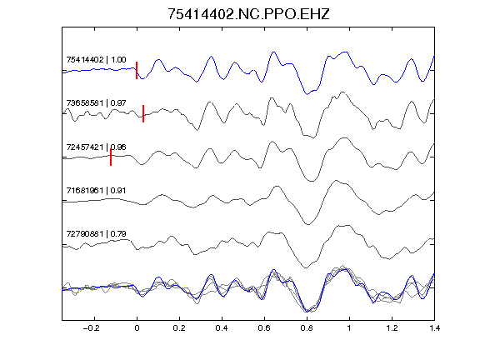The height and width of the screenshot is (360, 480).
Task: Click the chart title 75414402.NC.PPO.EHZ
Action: click(248, 14)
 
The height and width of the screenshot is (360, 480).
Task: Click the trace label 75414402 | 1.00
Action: click(96, 59)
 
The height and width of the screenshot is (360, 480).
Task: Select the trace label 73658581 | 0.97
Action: click(96, 102)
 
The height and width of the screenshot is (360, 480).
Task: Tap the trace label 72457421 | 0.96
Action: click(96, 147)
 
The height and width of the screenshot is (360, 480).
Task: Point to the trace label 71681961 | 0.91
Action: click(96, 191)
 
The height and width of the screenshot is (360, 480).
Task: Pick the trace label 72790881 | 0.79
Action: click(96, 234)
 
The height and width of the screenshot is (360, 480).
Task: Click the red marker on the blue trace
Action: click(137, 70)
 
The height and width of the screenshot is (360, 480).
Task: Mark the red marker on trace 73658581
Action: click(143, 114)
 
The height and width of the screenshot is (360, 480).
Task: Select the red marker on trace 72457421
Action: click(111, 157)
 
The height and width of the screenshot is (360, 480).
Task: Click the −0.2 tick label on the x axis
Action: click(92, 328)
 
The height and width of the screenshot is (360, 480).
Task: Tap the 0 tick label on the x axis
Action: click(137, 328)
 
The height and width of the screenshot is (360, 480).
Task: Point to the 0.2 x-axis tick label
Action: click(179, 328)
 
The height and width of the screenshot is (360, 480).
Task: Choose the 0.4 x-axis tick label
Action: click(222, 328)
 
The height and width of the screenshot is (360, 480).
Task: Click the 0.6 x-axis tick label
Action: click(264, 328)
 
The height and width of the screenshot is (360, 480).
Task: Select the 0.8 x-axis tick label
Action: click(307, 328)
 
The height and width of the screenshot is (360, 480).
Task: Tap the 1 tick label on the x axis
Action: click(349, 328)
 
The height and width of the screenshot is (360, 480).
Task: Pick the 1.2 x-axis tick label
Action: click(392, 328)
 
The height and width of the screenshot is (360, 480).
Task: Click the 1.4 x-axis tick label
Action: click(434, 328)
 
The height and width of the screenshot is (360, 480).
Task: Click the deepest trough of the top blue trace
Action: click(307, 94)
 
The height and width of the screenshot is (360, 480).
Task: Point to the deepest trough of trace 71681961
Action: click(308, 224)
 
